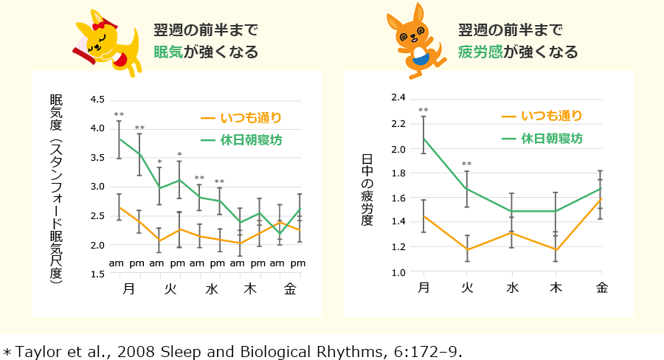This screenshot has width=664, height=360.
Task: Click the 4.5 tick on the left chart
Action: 98,100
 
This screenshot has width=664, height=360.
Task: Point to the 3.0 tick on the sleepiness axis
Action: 98,187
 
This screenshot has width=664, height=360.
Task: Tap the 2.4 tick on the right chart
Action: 398,97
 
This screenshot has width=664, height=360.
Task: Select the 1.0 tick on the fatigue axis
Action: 398,273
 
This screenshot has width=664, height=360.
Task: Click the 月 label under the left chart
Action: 128,288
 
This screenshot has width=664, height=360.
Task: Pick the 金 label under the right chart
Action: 602,287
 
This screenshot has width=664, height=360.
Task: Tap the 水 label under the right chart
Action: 512,287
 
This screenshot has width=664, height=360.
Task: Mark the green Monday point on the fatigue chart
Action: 423,138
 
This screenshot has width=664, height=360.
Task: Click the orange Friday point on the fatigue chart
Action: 601,198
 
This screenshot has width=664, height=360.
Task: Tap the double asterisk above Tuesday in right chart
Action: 466,164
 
